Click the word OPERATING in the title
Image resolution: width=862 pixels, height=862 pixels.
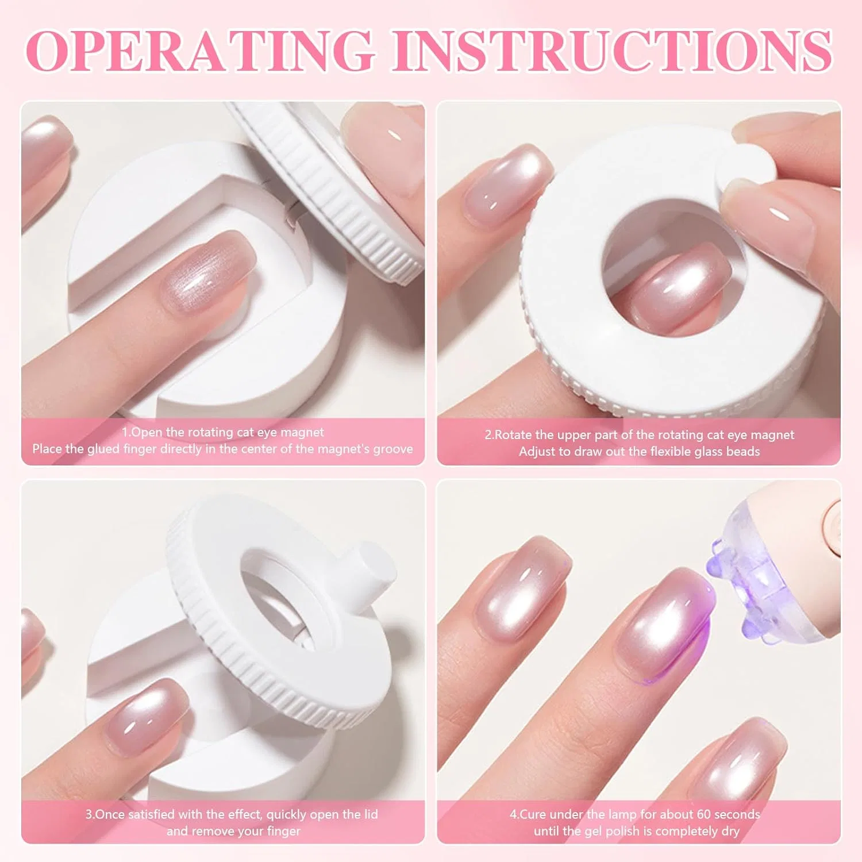pyautogui.click(x=201, y=50)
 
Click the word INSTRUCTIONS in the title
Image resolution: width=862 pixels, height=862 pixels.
pyautogui.click(x=621, y=50)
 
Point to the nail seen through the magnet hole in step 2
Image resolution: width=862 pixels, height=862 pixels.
pyautogui.click(x=681, y=290)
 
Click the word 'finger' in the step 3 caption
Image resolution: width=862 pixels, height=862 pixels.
pyautogui.click(x=283, y=832)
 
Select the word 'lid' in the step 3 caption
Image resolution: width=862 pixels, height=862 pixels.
pyautogui.click(x=371, y=814)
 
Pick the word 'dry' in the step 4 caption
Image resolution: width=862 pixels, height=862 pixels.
pyautogui.click(x=729, y=832)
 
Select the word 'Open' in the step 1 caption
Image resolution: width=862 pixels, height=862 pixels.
pyautogui.click(x=147, y=433)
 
